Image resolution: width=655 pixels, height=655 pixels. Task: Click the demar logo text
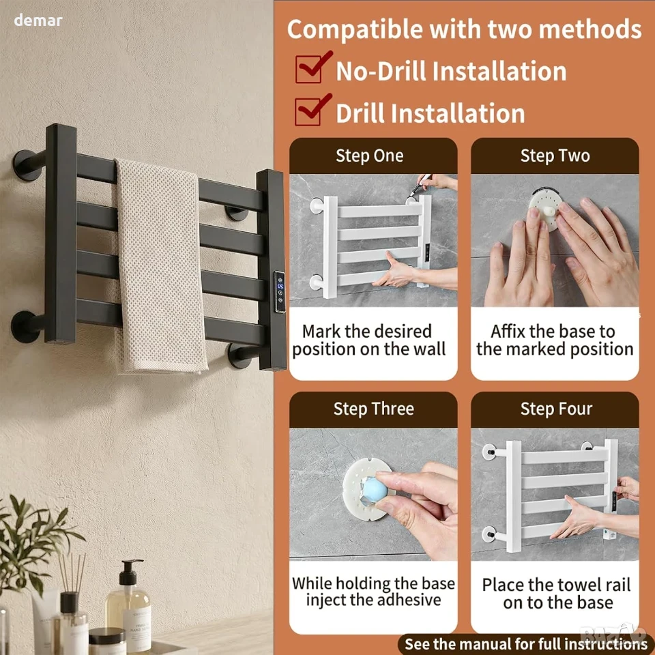click(38, 20)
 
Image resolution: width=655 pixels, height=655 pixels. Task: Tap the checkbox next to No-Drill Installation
click(309, 69)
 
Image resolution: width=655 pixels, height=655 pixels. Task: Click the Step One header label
click(370, 156)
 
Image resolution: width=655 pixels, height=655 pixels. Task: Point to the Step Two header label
click(555, 156)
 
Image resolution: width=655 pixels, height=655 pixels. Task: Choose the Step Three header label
click(373, 409)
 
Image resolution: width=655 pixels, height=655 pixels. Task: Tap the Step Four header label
click(557, 409)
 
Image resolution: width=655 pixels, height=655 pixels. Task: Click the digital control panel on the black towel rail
click(280, 291)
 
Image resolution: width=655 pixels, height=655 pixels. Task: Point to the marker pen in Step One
click(420, 186)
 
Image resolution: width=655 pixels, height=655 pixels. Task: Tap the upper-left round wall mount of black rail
click(27, 165)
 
